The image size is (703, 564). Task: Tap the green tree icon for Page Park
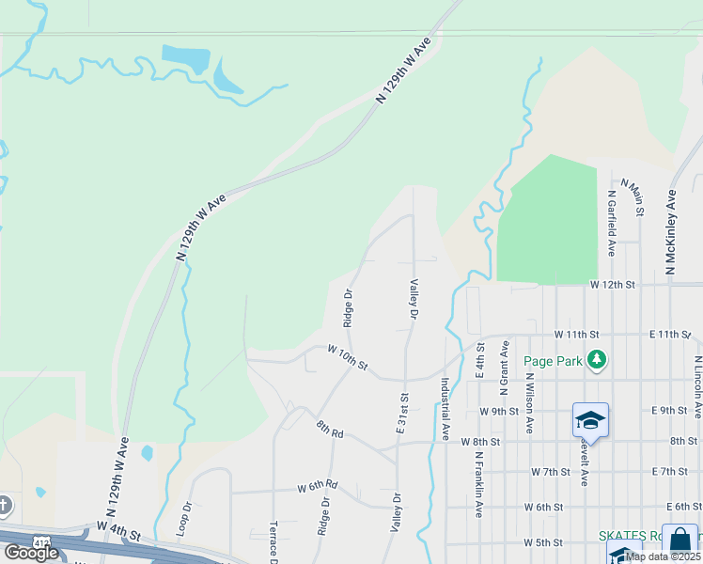coord(596,359)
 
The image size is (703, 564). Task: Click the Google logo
coord(31,553)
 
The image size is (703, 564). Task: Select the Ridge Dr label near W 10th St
coord(348,306)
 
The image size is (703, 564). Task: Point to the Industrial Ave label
coord(445,410)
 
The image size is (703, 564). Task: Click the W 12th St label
coord(613,284)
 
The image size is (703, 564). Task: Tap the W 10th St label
coord(347,356)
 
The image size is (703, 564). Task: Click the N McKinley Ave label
coord(671,233)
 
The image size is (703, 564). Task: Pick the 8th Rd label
coord(330,429)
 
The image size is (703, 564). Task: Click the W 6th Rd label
coord(317,487)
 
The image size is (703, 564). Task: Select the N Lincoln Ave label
coord(698,386)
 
